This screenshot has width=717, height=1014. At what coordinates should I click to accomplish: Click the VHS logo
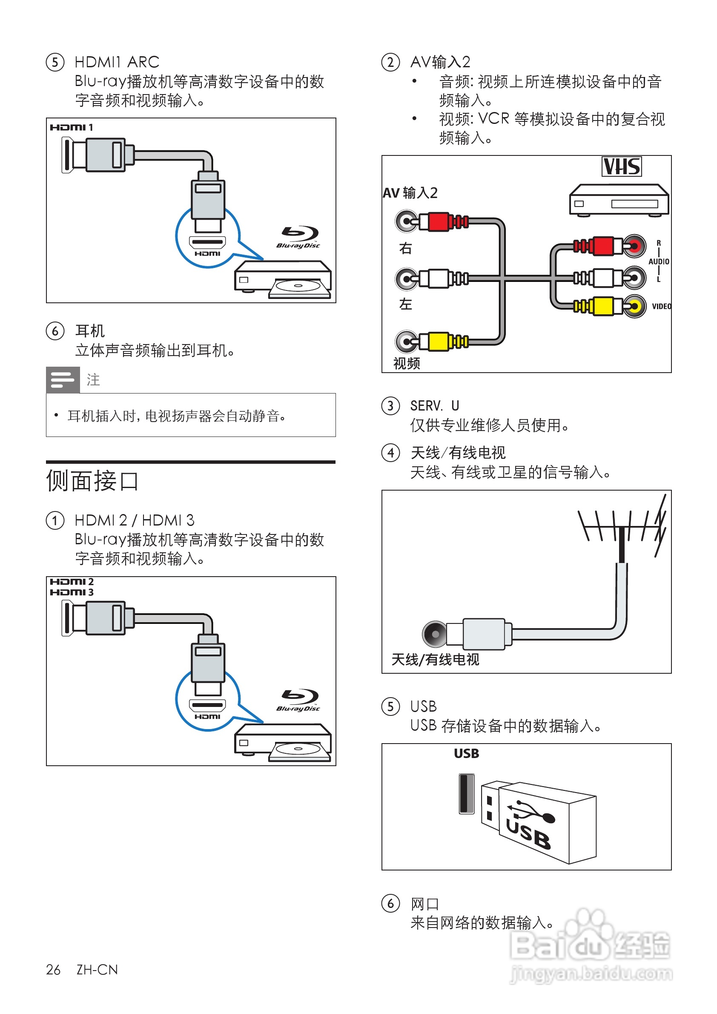tap(621, 167)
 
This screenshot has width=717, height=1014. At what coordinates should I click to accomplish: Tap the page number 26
tap(53, 969)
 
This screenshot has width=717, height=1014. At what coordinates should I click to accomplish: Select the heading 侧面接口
tap(92, 481)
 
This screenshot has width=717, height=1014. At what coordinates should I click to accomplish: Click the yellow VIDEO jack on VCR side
tap(634, 306)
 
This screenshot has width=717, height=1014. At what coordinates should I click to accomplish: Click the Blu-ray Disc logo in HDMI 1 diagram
tap(299, 237)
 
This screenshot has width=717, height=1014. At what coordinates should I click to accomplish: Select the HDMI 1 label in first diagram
tap(71, 128)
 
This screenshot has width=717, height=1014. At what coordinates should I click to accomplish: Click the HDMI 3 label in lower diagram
tap(72, 592)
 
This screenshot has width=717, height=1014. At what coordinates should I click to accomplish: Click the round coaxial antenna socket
tap(435, 634)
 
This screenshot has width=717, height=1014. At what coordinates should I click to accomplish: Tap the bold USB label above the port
tap(466, 753)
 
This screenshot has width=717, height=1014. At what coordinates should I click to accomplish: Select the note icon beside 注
tap(63, 380)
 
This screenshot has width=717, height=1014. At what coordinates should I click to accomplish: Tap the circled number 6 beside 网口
tap(390, 903)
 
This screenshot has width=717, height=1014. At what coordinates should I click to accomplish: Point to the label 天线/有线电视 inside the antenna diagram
tap(435, 660)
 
